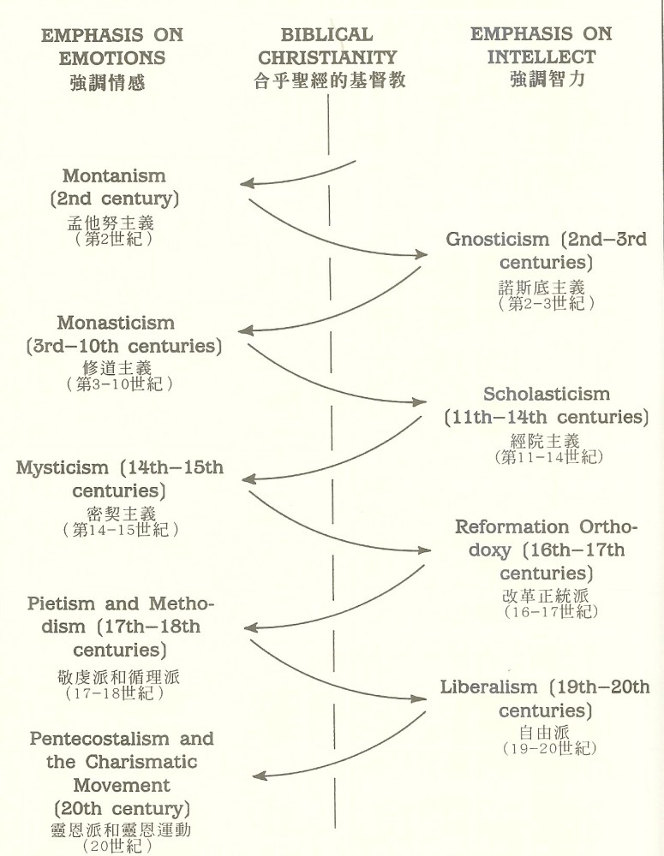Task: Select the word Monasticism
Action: [x=116, y=324]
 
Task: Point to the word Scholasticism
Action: [x=547, y=395]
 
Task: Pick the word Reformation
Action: [x=512, y=526]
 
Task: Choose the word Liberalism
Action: [x=489, y=687]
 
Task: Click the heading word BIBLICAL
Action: [x=326, y=36]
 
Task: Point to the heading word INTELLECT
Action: [x=541, y=58]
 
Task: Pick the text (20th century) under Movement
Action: [x=121, y=807]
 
